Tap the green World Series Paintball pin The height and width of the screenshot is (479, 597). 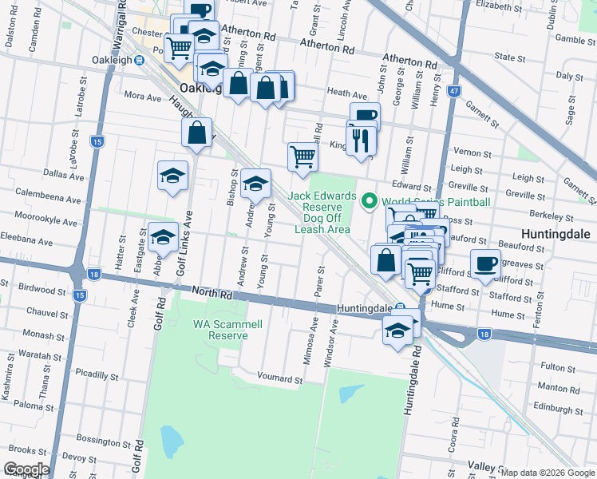click(x=370, y=201)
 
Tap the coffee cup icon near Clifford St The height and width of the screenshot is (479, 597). click(x=484, y=263)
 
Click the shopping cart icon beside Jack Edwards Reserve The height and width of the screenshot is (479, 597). click(x=302, y=156)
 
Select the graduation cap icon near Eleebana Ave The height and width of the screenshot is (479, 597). click(x=163, y=237)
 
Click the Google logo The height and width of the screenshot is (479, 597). click(x=26, y=469)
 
